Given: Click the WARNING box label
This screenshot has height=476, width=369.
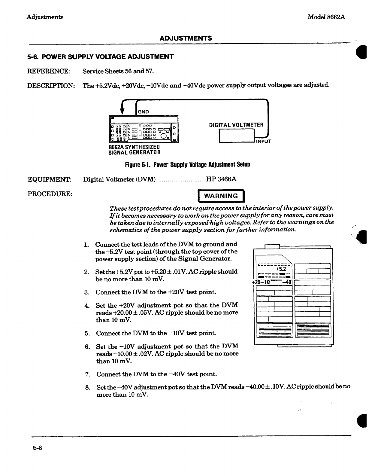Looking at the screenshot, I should pyautogui.click(x=221, y=196).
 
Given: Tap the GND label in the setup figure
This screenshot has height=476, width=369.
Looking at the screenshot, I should pyautogui.click(x=143, y=112).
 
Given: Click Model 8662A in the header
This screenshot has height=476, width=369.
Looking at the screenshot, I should pyautogui.click(x=326, y=17).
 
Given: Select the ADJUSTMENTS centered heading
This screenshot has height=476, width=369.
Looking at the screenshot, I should pyautogui.click(x=186, y=38).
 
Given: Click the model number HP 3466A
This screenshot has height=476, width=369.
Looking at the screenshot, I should pyautogui.click(x=221, y=179).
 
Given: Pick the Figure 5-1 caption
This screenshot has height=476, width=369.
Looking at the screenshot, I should pyautogui.click(x=187, y=165).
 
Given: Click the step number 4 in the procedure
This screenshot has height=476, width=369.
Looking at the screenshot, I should pyautogui.click(x=87, y=306).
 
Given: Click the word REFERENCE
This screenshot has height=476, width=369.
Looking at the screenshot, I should pyautogui.click(x=49, y=71).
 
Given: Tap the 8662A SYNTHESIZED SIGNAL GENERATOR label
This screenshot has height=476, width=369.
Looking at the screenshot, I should pyautogui.click(x=134, y=149).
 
